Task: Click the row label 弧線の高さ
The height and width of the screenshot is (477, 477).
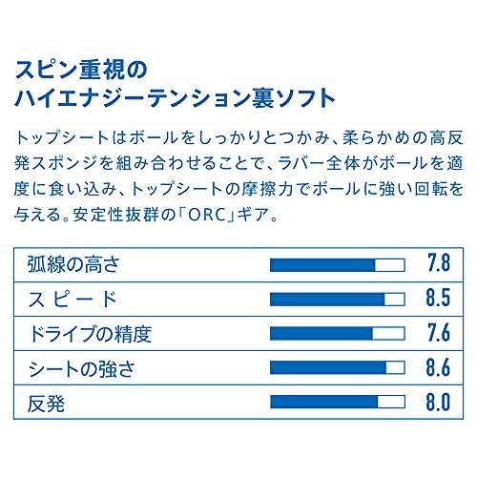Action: [x=73, y=265]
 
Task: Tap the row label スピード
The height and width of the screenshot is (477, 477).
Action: [x=73, y=300]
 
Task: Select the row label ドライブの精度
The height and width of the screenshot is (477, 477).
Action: [x=91, y=334]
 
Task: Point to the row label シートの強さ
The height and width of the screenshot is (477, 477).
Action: [x=82, y=368]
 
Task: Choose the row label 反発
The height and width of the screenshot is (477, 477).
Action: [x=46, y=403]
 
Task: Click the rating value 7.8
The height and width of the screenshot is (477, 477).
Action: [x=439, y=263]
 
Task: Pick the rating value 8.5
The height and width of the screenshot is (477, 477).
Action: [x=439, y=298]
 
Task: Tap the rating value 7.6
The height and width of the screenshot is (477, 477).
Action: [x=439, y=333]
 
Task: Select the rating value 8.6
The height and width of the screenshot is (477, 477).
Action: [x=439, y=367]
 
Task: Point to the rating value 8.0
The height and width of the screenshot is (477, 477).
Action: [x=439, y=402]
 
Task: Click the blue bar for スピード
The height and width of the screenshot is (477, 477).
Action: [x=327, y=300]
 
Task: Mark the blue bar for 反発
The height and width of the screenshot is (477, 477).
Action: [x=323, y=402]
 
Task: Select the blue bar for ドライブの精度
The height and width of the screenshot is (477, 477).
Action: [x=321, y=334]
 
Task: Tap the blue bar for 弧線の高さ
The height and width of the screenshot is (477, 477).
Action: [x=322, y=265]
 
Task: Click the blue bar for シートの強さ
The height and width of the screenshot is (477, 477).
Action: [x=328, y=367]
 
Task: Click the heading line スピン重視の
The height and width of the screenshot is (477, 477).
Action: [x=81, y=70]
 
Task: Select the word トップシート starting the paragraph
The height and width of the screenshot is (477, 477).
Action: [x=62, y=138]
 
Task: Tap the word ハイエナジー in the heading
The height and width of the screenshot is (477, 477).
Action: [x=81, y=98]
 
